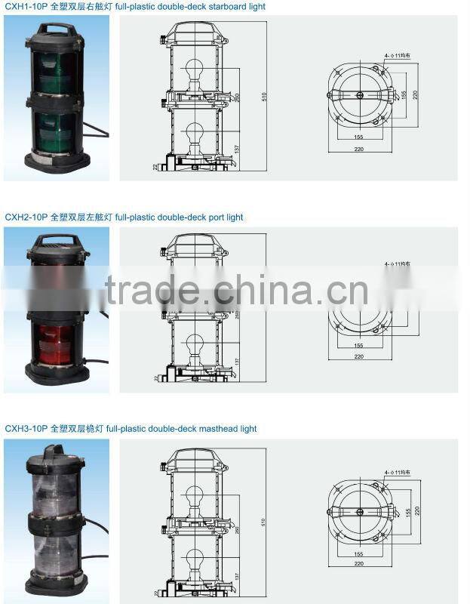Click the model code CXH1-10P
pos(26,7)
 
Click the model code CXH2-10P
pos(26,217)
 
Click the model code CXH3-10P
pos(26,429)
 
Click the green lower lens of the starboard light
pos(54,125)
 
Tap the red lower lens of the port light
pos(54,337)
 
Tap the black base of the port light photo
pos(54,372)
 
